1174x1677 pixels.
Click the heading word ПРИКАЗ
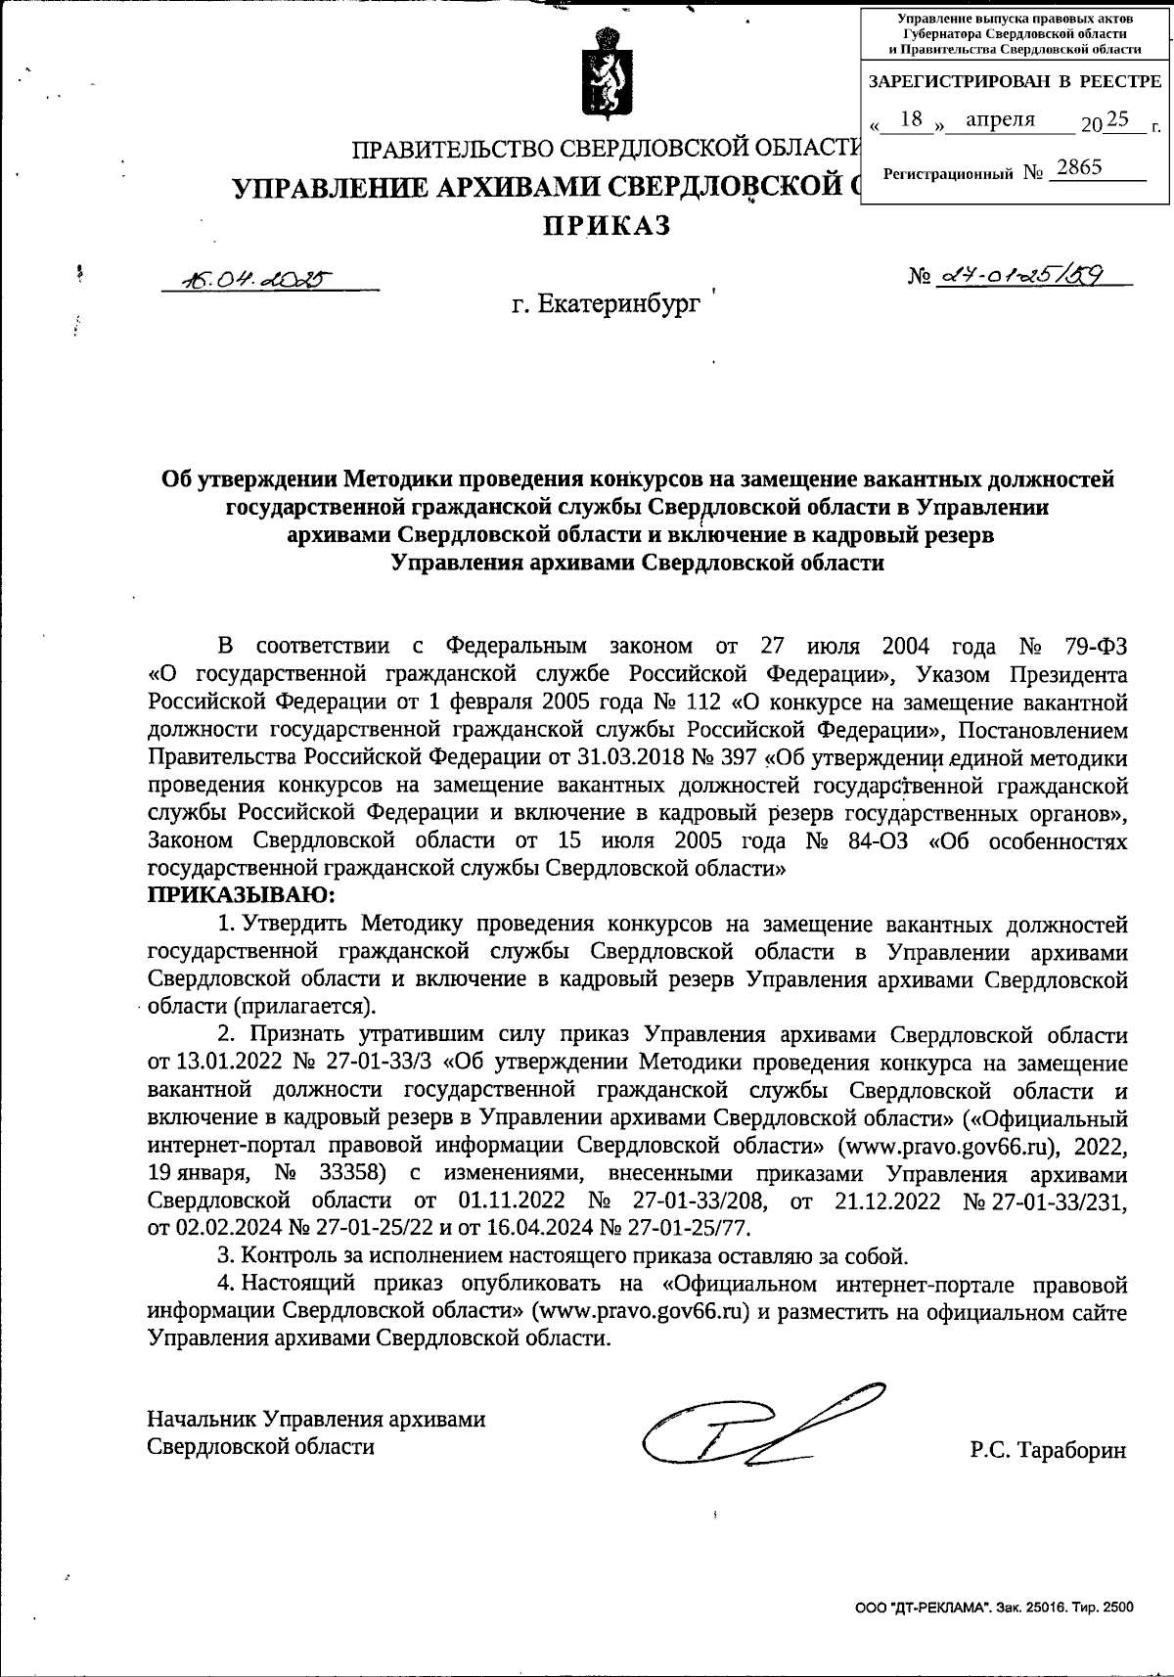coord(608,226)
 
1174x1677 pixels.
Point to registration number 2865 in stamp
coord(1079,167)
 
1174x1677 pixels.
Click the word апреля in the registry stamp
coord(1000,119)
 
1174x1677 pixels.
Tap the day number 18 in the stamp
coord(911,119)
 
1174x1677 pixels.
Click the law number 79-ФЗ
coord(1094,647)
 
